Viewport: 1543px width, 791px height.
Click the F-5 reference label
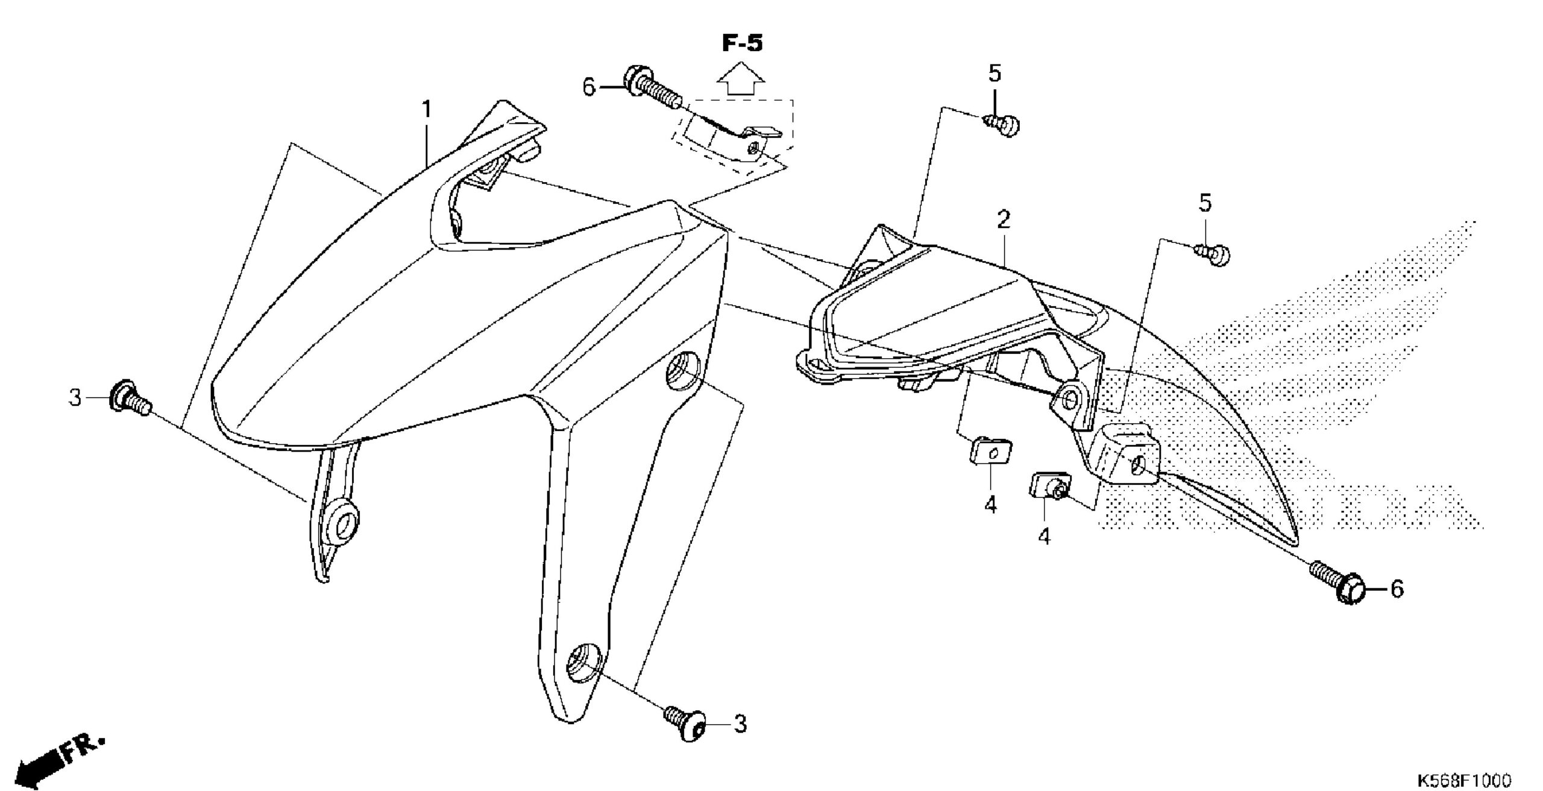click(x=742, y=43)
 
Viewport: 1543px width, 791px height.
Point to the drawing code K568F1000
click(x=1463, y=780)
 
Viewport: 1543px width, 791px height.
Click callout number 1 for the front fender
click(x=426, y=110)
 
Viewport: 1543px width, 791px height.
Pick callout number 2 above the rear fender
click(x=1003, y=220)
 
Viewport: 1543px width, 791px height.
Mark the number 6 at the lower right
click(x=1397, y=588)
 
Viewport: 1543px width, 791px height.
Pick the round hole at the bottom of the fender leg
click(x=583, y=663)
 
